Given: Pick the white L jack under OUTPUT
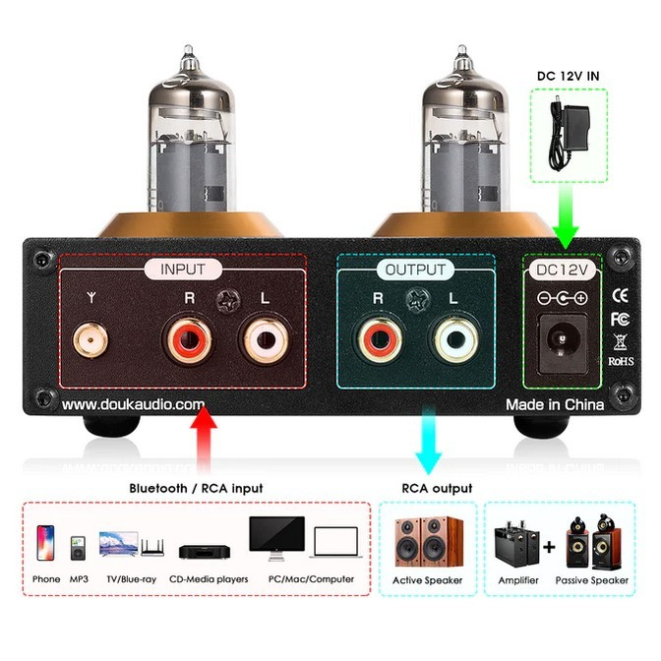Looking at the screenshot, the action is click(x=454, y=343).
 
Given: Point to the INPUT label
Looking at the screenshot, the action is click(x=184, y=269).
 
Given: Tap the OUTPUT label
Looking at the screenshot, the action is click(x=415, y=269).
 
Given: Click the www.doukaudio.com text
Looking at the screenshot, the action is click(x=134, y=404).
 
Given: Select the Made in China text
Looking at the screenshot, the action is click(x=555, y=404).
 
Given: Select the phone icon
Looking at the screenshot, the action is click(x=45, y=542).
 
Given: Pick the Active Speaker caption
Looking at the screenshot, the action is click(x=428, y=580).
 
